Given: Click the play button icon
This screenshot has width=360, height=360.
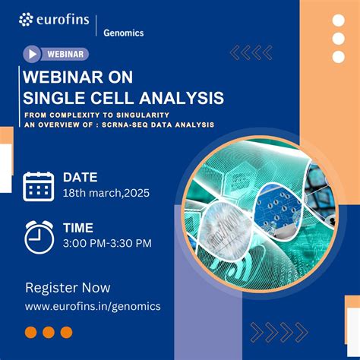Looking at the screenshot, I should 32,54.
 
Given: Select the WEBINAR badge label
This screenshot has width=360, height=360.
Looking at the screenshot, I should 65,54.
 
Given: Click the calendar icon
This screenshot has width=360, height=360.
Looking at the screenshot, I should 38,186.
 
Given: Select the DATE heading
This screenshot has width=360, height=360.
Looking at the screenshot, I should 80,177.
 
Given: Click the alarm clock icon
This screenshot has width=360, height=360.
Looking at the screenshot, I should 39,235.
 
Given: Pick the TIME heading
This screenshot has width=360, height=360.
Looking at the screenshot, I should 78,227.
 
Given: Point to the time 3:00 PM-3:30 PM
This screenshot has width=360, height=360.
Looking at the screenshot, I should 107,243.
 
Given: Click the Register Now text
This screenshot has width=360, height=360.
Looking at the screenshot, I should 68,288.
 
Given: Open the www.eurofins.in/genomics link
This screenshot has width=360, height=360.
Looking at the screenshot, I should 93,306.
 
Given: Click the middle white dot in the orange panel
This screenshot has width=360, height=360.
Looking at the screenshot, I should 339,39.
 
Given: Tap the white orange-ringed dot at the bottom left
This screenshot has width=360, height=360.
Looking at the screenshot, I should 31,332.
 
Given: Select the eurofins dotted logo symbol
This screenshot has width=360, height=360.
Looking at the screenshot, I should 26,19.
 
